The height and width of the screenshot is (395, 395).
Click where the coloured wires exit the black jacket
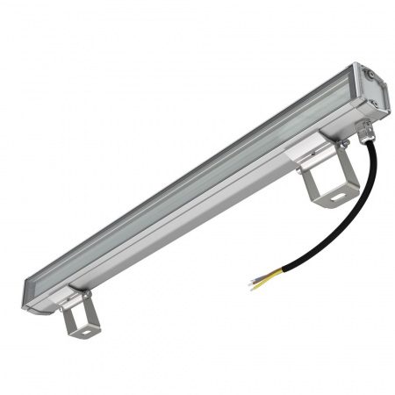pyautogui.click(x=283, y=270)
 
